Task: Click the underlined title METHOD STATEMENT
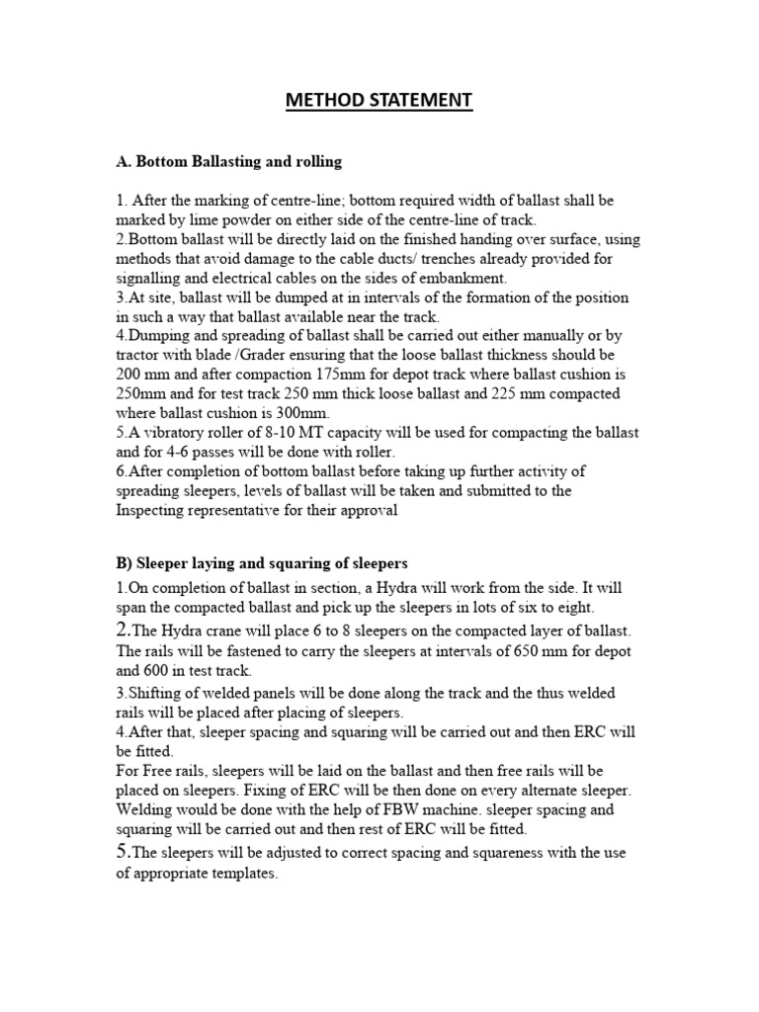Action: tap(379, 100)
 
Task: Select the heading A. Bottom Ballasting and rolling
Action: tap(229, 160)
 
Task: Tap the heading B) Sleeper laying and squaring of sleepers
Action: tap(261, 563)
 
